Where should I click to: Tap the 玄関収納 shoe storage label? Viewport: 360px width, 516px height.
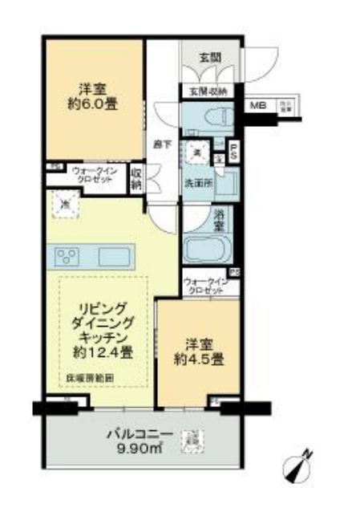coord(209,90)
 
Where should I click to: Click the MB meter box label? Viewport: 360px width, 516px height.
coord(258,106)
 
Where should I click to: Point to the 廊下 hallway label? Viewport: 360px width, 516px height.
coord(160,144)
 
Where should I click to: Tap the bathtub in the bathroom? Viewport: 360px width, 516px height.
coord(205,250)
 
